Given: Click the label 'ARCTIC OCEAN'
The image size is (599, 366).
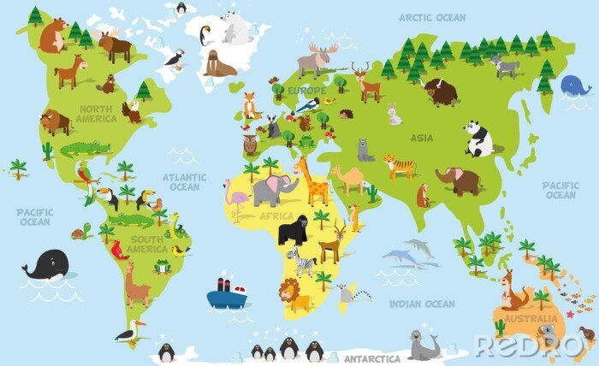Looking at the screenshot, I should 432,17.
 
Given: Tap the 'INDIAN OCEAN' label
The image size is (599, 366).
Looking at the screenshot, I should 422,304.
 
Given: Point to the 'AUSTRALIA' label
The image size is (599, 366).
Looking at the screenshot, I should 525,319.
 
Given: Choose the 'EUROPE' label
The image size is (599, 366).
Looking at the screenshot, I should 306,91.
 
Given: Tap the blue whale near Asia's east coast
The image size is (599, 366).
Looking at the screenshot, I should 574,86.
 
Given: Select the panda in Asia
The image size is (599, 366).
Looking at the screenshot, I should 478,138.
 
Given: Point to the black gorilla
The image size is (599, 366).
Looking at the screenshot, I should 294,229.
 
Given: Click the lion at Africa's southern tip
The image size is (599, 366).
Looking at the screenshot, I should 295,296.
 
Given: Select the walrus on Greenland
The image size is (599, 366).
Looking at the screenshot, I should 220,62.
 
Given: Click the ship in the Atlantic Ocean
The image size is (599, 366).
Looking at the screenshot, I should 226,294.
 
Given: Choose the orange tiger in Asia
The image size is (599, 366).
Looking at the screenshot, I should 399,166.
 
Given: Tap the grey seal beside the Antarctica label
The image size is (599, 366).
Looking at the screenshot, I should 423,345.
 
